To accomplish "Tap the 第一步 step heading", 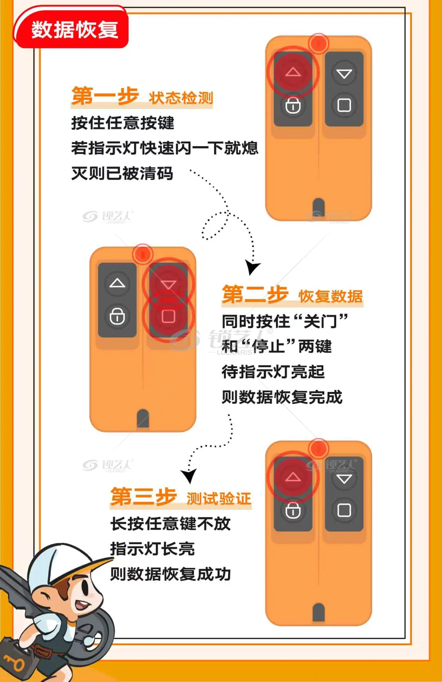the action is click(105, 96).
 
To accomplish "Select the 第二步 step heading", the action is click(255, 294).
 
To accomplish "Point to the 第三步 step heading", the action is click(144, 497).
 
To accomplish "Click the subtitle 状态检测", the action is click(181, 98).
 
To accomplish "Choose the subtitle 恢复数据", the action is click(330, 296).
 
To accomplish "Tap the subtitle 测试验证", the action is click(219, 498).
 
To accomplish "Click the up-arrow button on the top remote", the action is click(293, 72).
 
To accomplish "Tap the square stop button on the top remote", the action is click(344, 105).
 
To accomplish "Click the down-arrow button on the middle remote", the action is click(169, 284).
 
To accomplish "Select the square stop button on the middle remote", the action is click(169, 316).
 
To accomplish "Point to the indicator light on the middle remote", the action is click(143, 254).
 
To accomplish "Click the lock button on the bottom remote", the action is click(293, 510).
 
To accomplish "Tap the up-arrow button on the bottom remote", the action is click(293, 477).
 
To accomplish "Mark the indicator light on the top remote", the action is click(318, 43).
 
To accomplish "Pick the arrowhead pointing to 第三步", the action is click(189, 476).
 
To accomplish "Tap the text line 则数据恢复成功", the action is click(171, 574).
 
